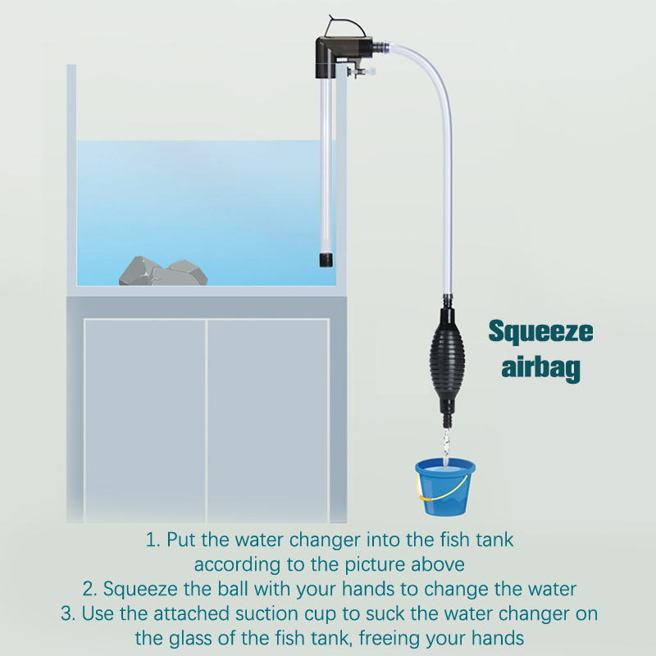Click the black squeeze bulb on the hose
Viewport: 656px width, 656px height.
click(447, 360)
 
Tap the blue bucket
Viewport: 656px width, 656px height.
click(445, 487)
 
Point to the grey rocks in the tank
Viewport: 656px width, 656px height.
click(163, 271)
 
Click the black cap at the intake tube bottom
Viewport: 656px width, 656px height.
click(326, 259)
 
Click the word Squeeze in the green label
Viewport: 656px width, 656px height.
click(540, 332)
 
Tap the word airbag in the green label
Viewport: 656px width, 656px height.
click(540, 367)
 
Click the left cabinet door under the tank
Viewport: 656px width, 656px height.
click(145, 421)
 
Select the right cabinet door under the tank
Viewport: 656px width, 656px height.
click(268, 421)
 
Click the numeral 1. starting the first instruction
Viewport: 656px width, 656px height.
click(153, 540)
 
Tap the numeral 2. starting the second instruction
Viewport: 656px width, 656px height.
click(90, 589)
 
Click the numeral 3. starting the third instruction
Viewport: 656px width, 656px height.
click(68, 613)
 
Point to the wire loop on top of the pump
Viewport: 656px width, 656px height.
click(345, 25)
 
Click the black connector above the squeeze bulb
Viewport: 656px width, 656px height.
click(447, 301)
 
